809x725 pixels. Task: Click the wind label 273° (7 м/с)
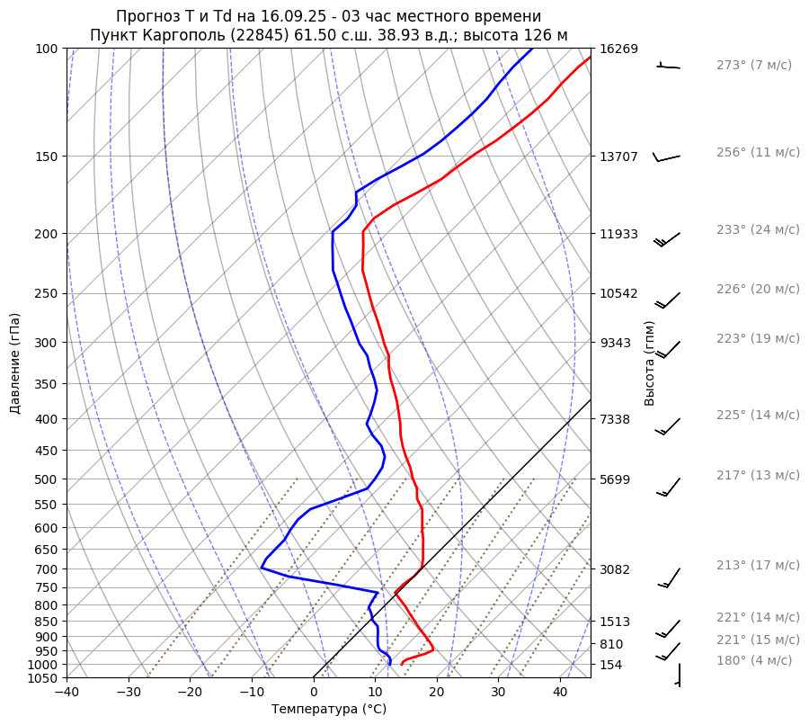click(x=753, y=65)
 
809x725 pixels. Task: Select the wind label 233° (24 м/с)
click(x=757, y=229)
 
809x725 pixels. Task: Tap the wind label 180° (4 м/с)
click(x=753, y=660)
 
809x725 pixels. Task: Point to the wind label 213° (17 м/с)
click(x=757, y=565)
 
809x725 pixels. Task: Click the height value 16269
click(x=618, y=49)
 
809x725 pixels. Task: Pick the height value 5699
click(x=615, y=479)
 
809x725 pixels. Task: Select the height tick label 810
click(x=611, y=644)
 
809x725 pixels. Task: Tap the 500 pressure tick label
click(x=47, y=479)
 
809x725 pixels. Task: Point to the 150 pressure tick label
click(x=47, y=157)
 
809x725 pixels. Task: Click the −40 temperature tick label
click(x=67, y=693)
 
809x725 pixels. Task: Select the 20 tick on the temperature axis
click(x=437, y=693)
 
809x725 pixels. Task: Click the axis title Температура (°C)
click(x=329, y=710)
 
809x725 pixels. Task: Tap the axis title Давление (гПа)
click(x=15, y=363)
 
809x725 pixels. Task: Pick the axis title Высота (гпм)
click(x=650, y=363)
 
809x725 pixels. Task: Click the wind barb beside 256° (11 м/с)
click(x=666, y=157)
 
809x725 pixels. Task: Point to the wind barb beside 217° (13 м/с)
click(x=668, y=486)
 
